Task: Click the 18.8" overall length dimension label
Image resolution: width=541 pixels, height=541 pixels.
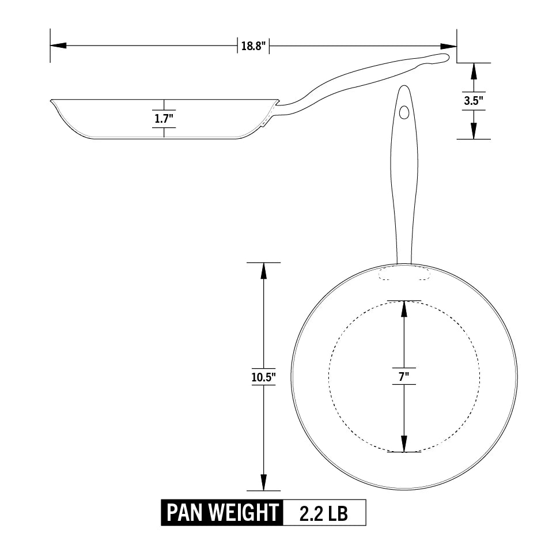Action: click(253, 46)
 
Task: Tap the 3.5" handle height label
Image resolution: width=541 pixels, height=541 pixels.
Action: click(474, 100)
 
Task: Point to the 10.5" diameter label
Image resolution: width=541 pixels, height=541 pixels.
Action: click(263, 377)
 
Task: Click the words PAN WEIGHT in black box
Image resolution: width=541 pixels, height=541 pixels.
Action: click(222, 513)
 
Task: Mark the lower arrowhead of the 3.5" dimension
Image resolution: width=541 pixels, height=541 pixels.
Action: click(474, 131)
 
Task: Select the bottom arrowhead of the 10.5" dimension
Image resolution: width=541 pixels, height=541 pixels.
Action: click(263, 483)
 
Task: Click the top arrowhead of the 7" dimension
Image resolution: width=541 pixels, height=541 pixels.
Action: click(404, 309)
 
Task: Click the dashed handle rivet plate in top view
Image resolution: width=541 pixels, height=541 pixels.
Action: click(404, 273)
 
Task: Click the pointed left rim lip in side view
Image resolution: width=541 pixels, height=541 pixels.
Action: click(52, 101)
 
